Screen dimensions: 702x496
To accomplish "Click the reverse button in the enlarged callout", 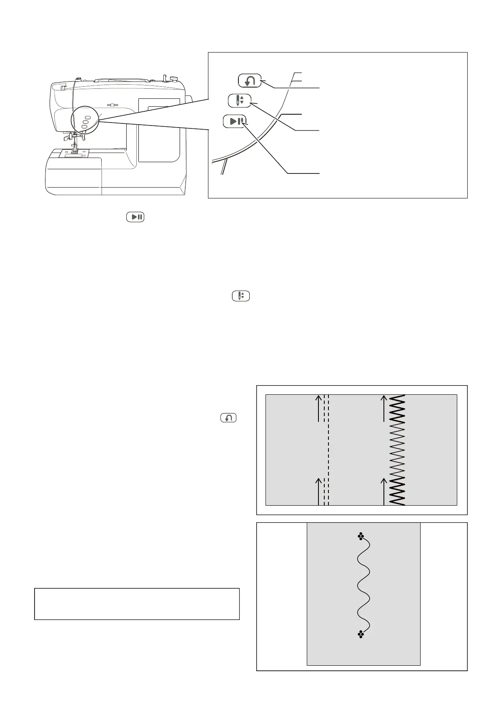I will pos(250,80).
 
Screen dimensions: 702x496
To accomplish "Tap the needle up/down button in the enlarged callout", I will pos(240,100).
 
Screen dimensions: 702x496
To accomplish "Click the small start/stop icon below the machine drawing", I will pos(135,217).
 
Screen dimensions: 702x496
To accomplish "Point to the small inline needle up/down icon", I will pos(241,296).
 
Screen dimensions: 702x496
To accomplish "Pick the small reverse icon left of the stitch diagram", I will pos(228,417).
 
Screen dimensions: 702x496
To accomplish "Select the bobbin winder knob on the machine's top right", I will pos(173,77).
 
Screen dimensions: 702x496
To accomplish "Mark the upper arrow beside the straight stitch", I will pos(319,409).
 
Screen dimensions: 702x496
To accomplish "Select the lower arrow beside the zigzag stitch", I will pos(383,491).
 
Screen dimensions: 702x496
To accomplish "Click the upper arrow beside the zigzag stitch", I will pos(383,409).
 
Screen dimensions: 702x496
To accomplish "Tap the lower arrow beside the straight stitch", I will pos(319,491).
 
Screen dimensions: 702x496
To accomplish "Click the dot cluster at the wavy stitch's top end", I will pos(361,537).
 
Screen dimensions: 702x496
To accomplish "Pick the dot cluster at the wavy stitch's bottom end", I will pos(361,634).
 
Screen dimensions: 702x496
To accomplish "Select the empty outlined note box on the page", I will pos(137,604).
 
